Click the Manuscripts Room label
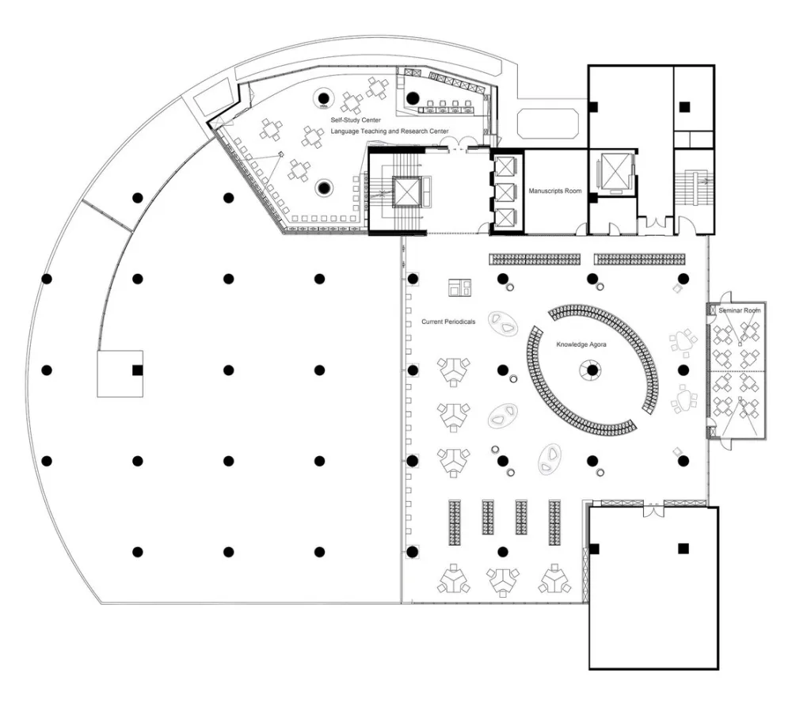[554, 191]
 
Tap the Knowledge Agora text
[581, 344]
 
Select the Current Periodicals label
[448, 321]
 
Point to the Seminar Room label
[739, 310]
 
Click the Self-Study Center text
[356, 120]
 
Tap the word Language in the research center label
[345, 131]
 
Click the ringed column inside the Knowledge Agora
[592, 370]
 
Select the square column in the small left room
[137, 371]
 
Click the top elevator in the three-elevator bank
[505, 166]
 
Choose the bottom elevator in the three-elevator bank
[505, 218]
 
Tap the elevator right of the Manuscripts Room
[614, 172]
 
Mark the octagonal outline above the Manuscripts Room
[548, 124]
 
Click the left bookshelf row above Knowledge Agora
[535, 259]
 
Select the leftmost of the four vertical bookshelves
[455, 523]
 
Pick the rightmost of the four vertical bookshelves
[554, 523]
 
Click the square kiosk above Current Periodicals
[459, 287]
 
